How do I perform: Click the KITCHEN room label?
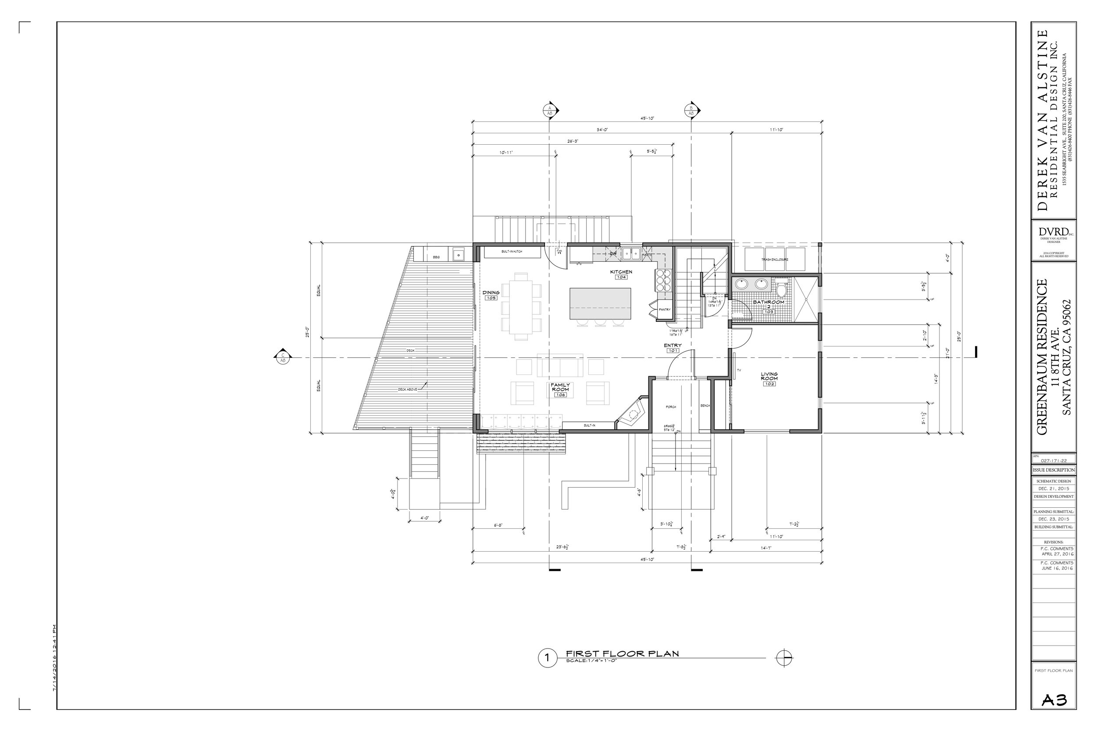(x=621, y=272)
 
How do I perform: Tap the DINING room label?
(x=491, y=293)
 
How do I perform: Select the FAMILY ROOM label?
(x=561, y=387)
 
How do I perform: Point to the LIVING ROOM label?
(x=769, y=376)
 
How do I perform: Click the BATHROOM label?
(x=769, y=302)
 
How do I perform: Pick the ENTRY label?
(x=673, y=346)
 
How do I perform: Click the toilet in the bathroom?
(x=782, y=290)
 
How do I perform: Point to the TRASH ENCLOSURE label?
(x=775, y=259)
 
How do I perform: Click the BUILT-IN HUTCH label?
(x=512, y=252)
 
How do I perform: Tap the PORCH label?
(x=671, y=407)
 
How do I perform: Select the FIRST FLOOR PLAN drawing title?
(x=622, y=654)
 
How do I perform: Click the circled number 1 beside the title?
(x=547, y=658)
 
